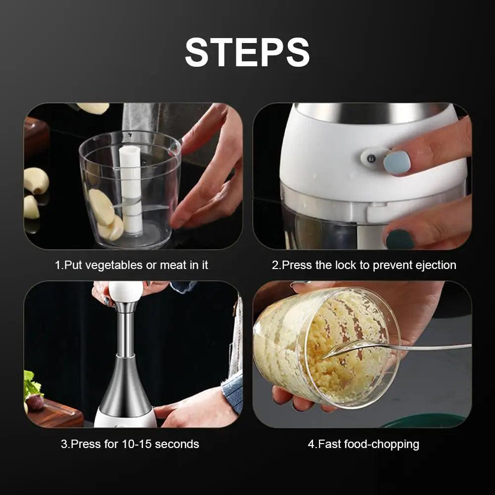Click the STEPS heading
pyautogui.click(x=247, y=52)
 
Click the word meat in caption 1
pyautogui.click(x=173, y=265)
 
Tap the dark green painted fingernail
pyautogui.click(x=400, y=239)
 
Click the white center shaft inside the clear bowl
pyautogui.click(x=131, y=190)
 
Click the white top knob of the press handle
pyautogui.click(x=126, y=292)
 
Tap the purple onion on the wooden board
pyautogui.click(x=35, y=402)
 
